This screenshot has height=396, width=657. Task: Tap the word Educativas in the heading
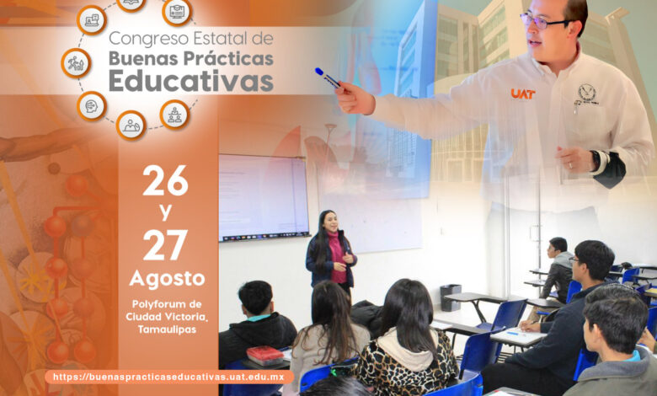click(191, 81)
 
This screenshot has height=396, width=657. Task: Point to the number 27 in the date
click(165, 244)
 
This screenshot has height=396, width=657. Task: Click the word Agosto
click(167, 279)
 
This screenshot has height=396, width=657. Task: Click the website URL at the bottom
click(168, 377)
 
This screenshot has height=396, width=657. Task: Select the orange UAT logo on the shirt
click(522, 94)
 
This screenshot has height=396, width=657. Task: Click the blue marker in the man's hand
click(328, 78)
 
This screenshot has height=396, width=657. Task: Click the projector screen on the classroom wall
click(264, 198)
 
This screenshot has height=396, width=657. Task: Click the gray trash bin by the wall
click(451, 297)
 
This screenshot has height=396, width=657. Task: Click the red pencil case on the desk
click(265, 356)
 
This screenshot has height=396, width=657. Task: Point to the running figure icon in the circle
click(76, 63)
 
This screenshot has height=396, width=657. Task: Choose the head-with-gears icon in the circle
click(92, 105)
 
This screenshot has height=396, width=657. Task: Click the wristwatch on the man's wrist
click(596, 160)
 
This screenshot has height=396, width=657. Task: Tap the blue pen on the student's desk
click(512, 334)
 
